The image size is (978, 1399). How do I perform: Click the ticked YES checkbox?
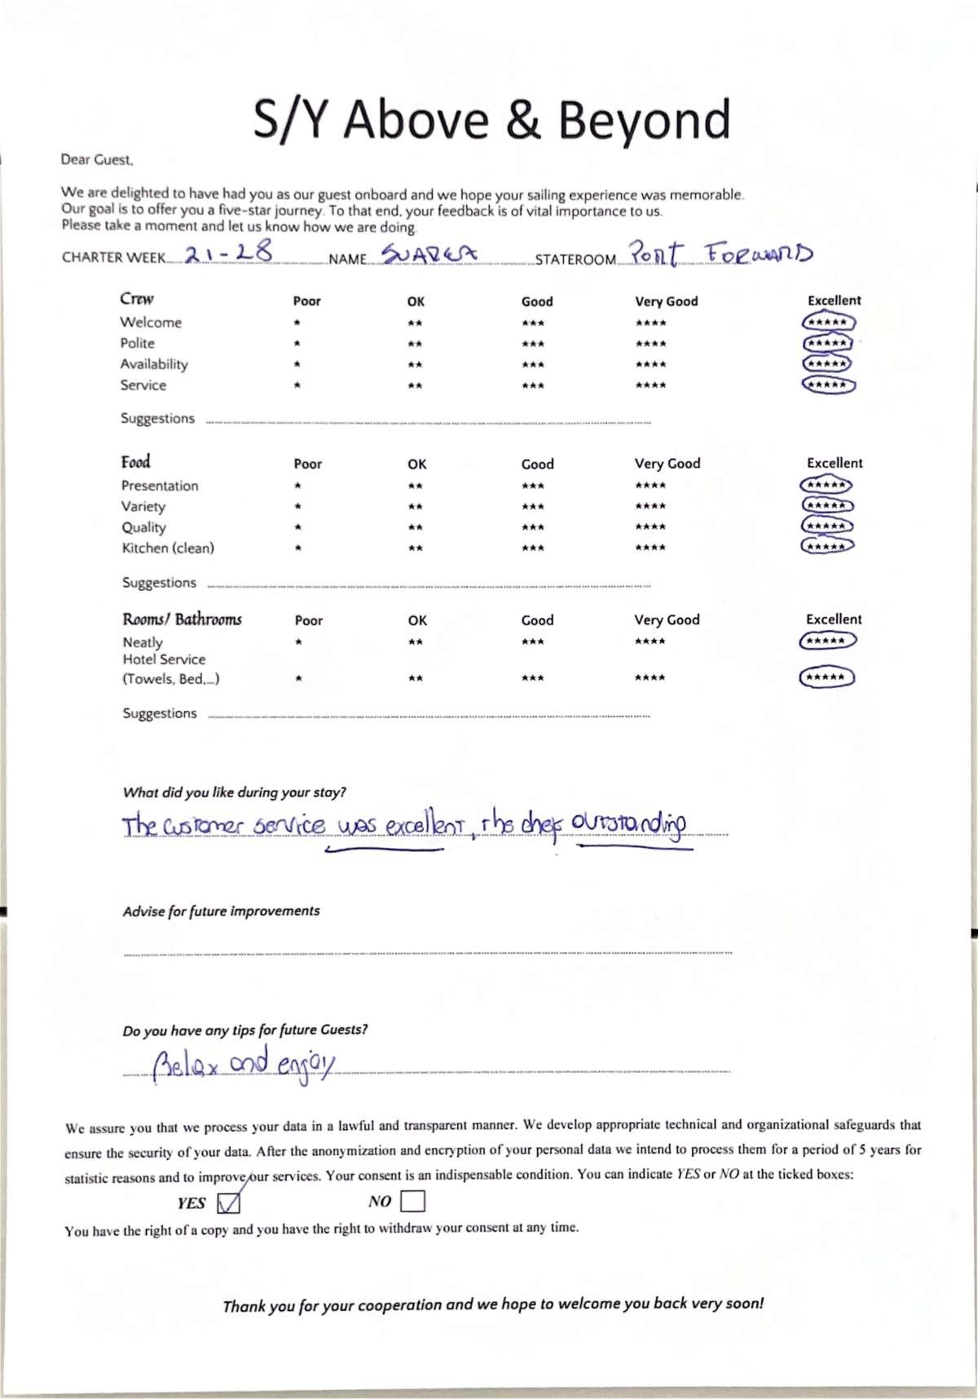[229, 1203]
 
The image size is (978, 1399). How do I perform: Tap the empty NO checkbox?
[412, 1201]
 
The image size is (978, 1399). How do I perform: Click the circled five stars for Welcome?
[828, 322]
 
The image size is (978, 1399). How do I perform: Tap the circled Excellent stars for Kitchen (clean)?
[827, 546]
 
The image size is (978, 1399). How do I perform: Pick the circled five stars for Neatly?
[827, 641]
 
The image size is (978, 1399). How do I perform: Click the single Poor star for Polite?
[297, 344]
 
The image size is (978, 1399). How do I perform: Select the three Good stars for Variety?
[533, 506]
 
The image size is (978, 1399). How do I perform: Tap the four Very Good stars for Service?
[650, 386]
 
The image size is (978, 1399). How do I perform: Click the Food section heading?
[136, 462]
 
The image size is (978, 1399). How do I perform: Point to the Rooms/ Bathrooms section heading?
[182, 620]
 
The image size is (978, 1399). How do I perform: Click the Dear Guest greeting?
[96, 160]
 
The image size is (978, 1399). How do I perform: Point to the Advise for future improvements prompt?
[221, 911]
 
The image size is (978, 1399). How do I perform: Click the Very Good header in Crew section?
[667, 301]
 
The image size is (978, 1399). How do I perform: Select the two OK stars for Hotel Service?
[416, 678]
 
